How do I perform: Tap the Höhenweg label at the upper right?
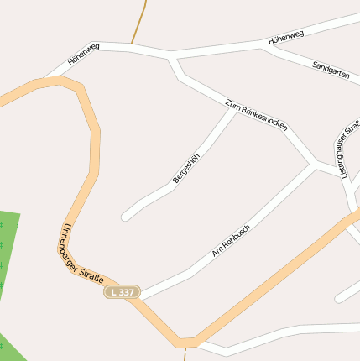(x=286, y=37)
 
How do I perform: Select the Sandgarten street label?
(x=330, y=70)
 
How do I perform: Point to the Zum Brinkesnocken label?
(x=257, y=115)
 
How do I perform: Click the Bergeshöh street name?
(x=186, y=169)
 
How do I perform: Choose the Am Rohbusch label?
(x=231, y=241)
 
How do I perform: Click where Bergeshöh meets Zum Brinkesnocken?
(x=234, y=109)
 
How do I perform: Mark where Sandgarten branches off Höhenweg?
(x=264, y=46)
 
